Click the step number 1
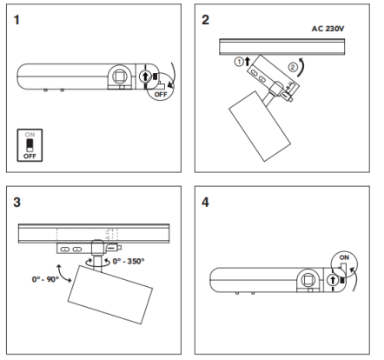tap(17, 20)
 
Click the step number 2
tap(205, 20)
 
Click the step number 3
tap(17, 203)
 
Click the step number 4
tap(205, 203)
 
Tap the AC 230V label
tap(328, 29)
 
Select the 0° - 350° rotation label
tap(129, 261)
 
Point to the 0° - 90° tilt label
tap(45, 279)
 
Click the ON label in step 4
tap(344, 257)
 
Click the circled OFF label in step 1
tap(161, 95)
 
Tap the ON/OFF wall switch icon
tap(30, 145)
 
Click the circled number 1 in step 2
tap(239, 62)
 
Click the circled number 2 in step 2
tap(293, 67)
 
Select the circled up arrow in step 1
tap(145, 77)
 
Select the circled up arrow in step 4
tap(333, 280)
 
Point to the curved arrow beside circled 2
tap(302, 67)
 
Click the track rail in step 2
tap(282, 47)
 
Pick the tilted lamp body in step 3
tap(110, 295)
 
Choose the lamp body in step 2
tap(260, 126)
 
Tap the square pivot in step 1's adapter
tap(120, 77)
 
